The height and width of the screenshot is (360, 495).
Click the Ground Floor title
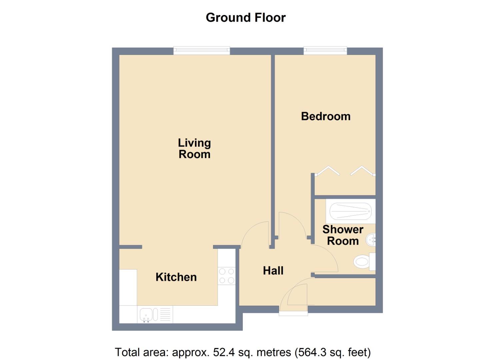[x=246, y=17]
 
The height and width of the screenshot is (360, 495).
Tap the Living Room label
[x=194, y=148]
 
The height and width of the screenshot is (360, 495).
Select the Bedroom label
[x=326, y=116]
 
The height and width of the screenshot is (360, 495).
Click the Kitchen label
[x=176, y=277]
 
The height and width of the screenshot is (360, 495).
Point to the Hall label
[x=273, y=270]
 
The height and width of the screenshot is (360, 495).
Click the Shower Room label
[x=343, y=235]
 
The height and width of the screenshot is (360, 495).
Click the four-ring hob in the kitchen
[x=227, y=276]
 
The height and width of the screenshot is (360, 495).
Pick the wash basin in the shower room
[x=371, y=240]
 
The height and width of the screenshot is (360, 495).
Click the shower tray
[x=351, y=211]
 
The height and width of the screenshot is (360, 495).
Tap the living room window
[x=202, y=51]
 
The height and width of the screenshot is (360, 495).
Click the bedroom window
[x=325, y=51]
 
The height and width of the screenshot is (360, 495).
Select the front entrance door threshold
[x=293, y=313]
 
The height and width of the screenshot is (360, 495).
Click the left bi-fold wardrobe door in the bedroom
[x=328, y=170]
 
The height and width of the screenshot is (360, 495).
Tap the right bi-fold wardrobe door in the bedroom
[x=362, y=170]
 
